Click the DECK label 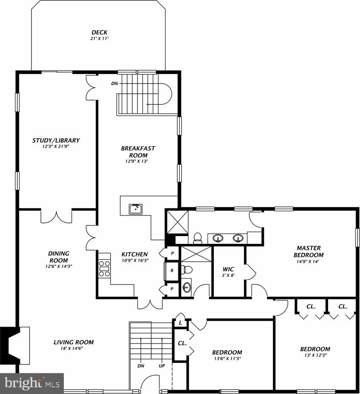(x=99, y=32)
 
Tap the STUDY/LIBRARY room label (x=56, y=140)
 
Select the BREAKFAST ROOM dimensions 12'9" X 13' (x=138, y=161)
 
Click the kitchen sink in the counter (x=136, y=209)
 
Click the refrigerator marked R (x=172, y=271)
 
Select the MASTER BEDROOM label (x=308, y=251)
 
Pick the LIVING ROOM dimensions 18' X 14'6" (x=74, y=348)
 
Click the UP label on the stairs (x=161, y=366)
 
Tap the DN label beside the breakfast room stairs (x=114, y=84)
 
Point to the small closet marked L (x=180, y=323)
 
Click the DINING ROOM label (x=58, y=257)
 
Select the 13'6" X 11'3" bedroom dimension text (x=227, y=359)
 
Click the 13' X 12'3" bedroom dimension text (x=315, y=355)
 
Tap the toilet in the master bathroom (x=197, y=238)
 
